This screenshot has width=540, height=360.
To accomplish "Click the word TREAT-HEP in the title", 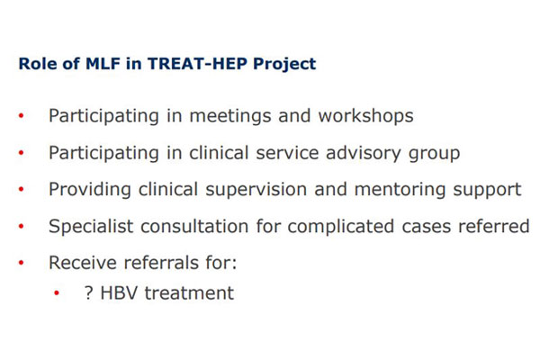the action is click(x=197, y=64).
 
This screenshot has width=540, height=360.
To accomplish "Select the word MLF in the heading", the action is click(x=103, y=64).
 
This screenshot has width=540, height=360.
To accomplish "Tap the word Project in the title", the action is click(x=284, y=65).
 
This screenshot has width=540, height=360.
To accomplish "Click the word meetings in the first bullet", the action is click(x=230, y=116).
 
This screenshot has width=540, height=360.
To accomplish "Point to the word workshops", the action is click(x=365, y=116).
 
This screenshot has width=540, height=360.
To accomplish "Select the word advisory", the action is click(x=364, y=153).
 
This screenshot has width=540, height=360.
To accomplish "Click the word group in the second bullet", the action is click(x=434, y=154).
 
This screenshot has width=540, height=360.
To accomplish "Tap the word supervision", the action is click(x=256, y=190).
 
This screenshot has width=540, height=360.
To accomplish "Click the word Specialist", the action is click(x=91, y=227).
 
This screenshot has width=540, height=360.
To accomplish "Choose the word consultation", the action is click(x=194, y=226).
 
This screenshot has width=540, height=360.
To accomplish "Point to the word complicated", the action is click(x=341, y=227).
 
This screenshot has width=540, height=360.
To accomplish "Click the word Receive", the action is click(x=83, y=263).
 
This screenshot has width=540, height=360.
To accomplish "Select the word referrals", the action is click(x=161, y=263).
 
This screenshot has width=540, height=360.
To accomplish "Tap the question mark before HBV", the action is click(x=88, y=292).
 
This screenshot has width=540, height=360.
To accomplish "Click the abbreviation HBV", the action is click(x=119, y=293).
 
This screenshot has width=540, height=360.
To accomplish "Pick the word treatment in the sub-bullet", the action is click(x=189, y=293).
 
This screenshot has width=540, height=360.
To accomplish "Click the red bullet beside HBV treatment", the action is click(x=57, y=293).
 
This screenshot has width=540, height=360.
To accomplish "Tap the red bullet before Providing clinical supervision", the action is click(x=22, y=189).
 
